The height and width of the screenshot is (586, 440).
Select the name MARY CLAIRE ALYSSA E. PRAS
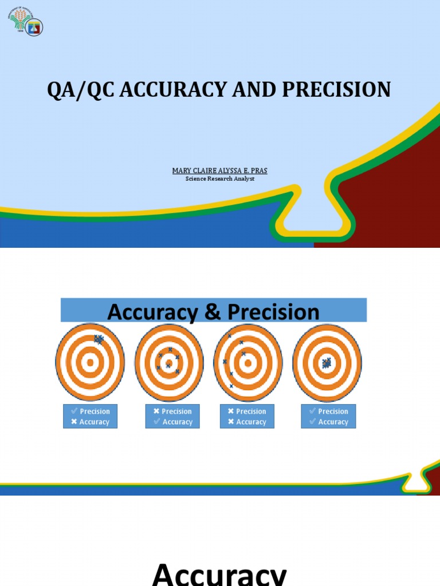pyautogui.click(x=220, y=171)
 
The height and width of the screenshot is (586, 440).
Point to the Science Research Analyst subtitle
pyautogui.click(x=220, y=179)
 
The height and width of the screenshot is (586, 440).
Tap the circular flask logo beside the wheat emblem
pyautogui.click(x=34, y=27)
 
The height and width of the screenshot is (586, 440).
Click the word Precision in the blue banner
pyautogui.click(x=273, y=312)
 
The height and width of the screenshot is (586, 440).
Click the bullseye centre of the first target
pyautogui.click(x=90, y=362)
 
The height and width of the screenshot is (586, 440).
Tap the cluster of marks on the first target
pyautogui.click(x=99, y=339)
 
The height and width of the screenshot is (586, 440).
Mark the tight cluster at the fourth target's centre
pyautogui.click(x=327, y=363)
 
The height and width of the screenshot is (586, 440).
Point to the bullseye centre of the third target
pyautogui.click(x=247, y=362)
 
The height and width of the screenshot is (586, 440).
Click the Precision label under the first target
pyautogui.click(x=95, y=411)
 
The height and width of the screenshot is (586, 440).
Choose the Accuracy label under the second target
pyautogui.click(x=177, y=422)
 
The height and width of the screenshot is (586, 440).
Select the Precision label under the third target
pyautogui.click(x=251, y=411)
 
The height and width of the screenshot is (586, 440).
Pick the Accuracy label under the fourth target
pyautogui.click(x=333, y=422)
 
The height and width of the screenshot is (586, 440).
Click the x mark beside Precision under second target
pyautogui.click(x=156, y=411)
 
